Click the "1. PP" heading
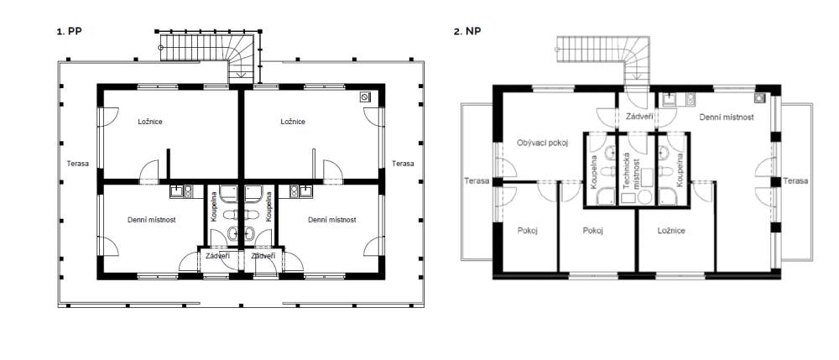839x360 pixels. tap(69, 31)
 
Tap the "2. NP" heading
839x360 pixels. tap(467, 31)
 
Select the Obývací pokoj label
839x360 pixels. tap(542, 143)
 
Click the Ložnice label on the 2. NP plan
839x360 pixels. tap(671, 231)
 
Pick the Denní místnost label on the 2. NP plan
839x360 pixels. tap(726, 117)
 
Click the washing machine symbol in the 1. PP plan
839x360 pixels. tap(366, 97)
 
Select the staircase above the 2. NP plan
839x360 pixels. tap(603, 59)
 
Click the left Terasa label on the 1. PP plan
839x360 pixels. tap(77, 164)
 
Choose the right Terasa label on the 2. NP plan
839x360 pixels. tap(795, 180)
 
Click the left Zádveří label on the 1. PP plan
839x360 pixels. tap(218, 256)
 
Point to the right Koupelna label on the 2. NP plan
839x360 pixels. tap(680, 170)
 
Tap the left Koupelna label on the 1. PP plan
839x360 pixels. tap(213, 206)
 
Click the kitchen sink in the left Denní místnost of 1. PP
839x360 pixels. tap(178, 190)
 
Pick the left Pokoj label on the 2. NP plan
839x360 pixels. tap(528, 231)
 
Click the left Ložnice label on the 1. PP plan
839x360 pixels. tap(150, 122)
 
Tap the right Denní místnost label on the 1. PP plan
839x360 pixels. tap(331, 220)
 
